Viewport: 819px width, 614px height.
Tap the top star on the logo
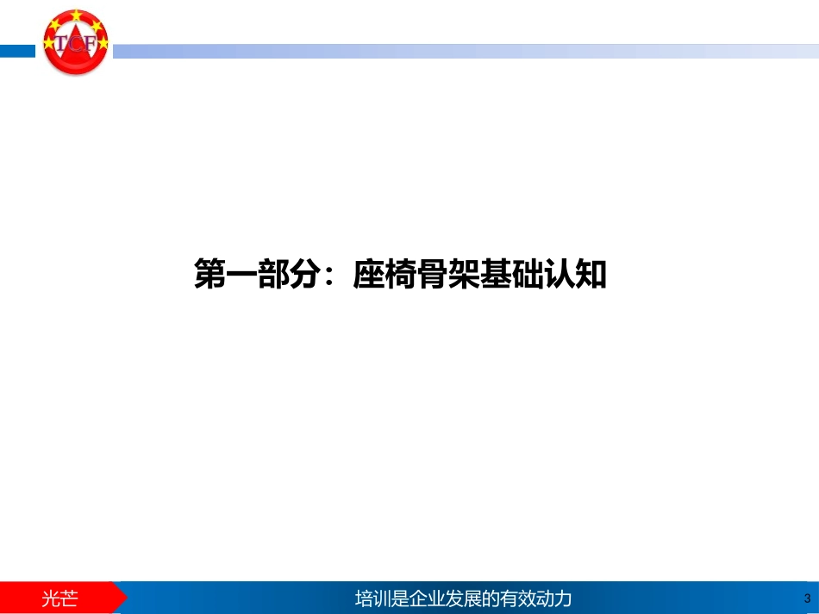click(x=77, y=15)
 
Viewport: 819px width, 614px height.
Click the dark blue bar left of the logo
click(x=17, y=52)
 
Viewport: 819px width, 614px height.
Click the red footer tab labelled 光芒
click(x=60, y=598)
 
